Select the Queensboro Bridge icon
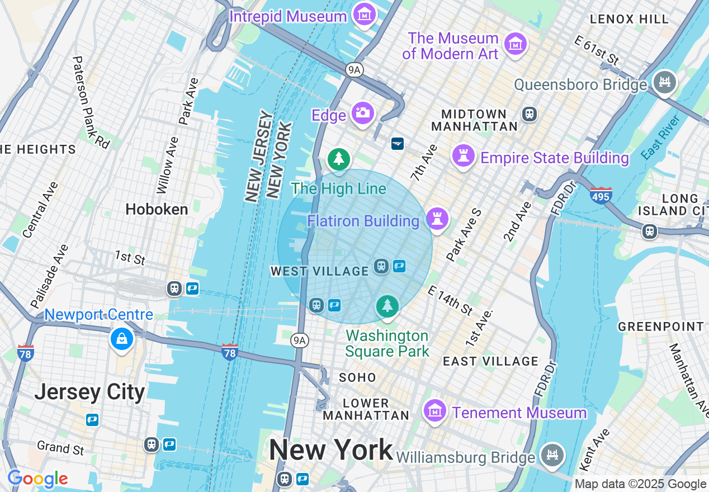point(665,83)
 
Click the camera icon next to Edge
point(363,113)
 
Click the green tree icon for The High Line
point(338,159)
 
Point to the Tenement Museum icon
point(434,411)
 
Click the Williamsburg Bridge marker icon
point(552,455)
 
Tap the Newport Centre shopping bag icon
point(121,338)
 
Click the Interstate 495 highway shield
point(601,196)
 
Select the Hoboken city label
point(157,209)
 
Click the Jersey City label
point(89,392)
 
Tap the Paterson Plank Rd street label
point(91,102)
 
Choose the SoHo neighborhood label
point(357,378)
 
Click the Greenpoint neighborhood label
point(660,326)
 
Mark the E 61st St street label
point(597,50)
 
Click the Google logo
point(37,479)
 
